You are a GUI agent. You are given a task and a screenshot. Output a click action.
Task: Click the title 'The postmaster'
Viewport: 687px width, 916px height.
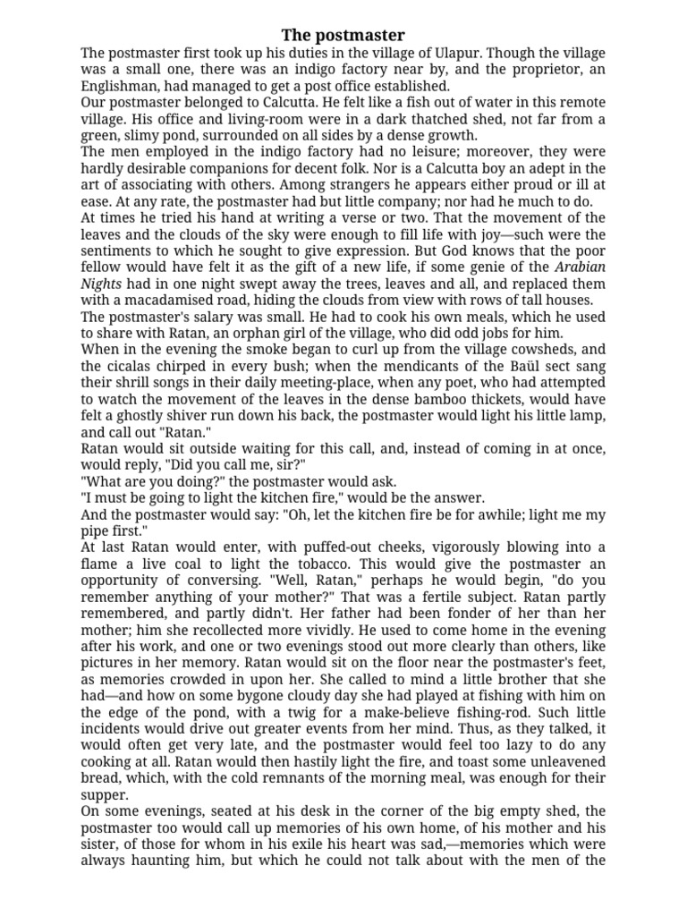[x=343, y=35]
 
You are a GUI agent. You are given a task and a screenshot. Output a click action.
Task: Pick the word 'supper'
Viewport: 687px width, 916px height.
[x=106, y=794]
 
